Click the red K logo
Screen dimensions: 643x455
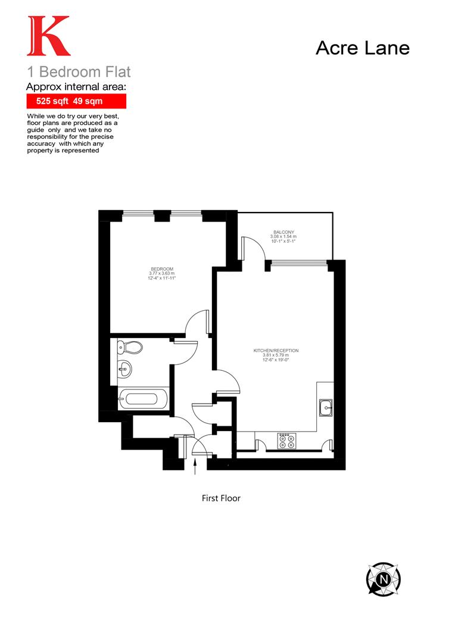pyautogui.click(x=48, y=37)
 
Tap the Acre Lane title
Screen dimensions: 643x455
pyautogui.click(x=362, y=48)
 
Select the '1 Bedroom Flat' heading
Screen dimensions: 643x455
pyautogui.click(x=79, y=73)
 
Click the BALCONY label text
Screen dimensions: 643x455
pyautogui.click(x=284, y=232)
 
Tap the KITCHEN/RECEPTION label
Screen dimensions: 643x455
pyautogui.click(x=276, y=350)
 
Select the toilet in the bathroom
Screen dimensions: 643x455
pyautogui.click(x=129, y=347)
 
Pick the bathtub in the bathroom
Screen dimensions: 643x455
pyautogui.click(x=144, y=398)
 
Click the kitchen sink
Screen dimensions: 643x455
pyautogui.click(x=326, y=408)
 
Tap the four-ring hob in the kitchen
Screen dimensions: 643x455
pyautogui.click(x=285, y=441)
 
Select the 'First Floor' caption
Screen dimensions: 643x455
pyautogui.click(x=221, y=498)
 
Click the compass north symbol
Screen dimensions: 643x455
pyautogui.click(x=383, y=578)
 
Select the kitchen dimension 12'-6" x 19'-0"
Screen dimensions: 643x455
pyautogui.click(x=276, y=360)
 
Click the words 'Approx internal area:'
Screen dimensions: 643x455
pyautogui.click(x=76, y=87)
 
